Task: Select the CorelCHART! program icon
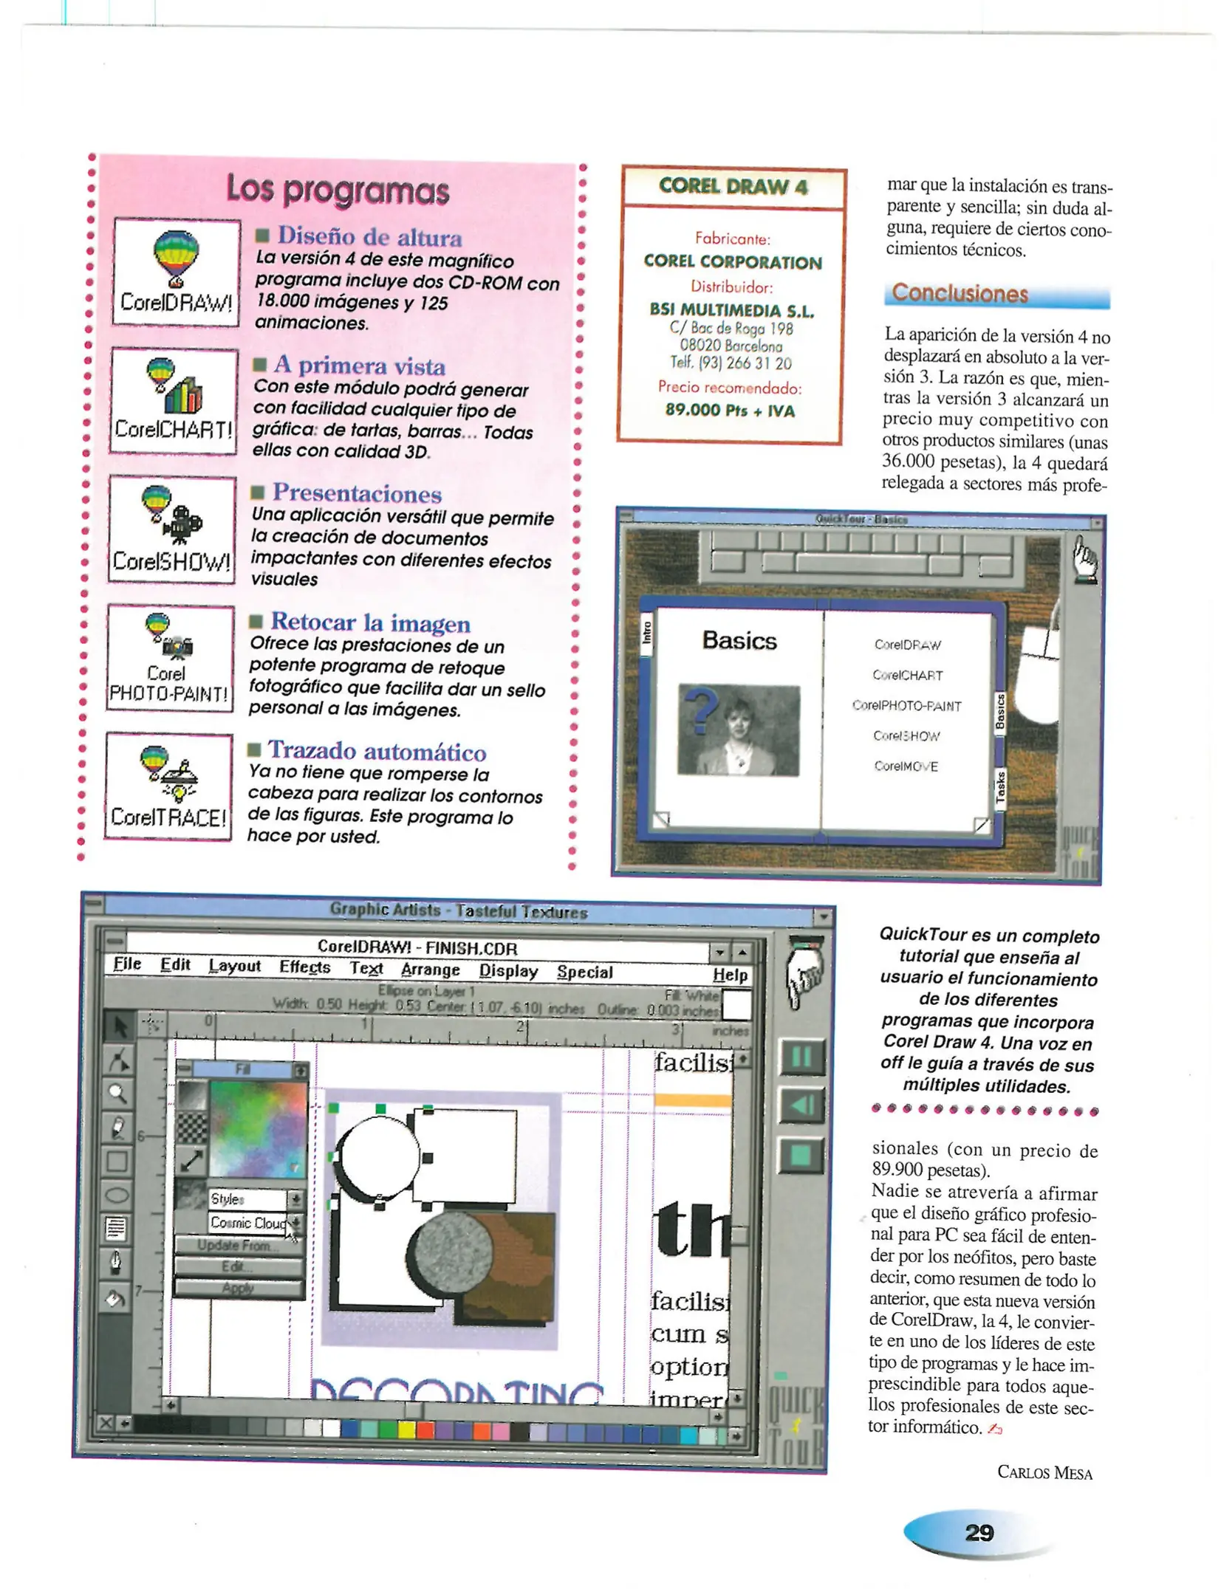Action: pyautogui.click(x=174, y=399)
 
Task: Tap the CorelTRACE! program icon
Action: pyautogui.click(x=168, y=786)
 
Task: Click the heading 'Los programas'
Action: pyautogui.click(x=338, y=190)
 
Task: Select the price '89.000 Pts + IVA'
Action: pyautogui.click(x=729, y=410)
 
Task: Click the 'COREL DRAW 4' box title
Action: pyautogui.click(x=732, y=186)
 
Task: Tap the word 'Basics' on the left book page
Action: pyautogui.click(x=739, y=640)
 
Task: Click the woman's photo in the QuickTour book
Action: pyautogui.click(x=738, y=730)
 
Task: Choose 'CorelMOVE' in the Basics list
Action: pyautogui.click(x=906, y=766)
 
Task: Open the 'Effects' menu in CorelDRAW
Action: pyautogui.click(x=304, y=967)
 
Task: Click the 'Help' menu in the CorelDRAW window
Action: pyautogui.click(x=729, y=975)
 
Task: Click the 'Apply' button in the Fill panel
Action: pyautogui.click(x=238, y=1288)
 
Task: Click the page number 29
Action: pyautogui.click(x=979, y=1532)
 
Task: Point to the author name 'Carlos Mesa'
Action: pyautogui.click(x=1044, y=1472)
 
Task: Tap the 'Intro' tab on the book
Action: pyautogui.click(x=647, y=632)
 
